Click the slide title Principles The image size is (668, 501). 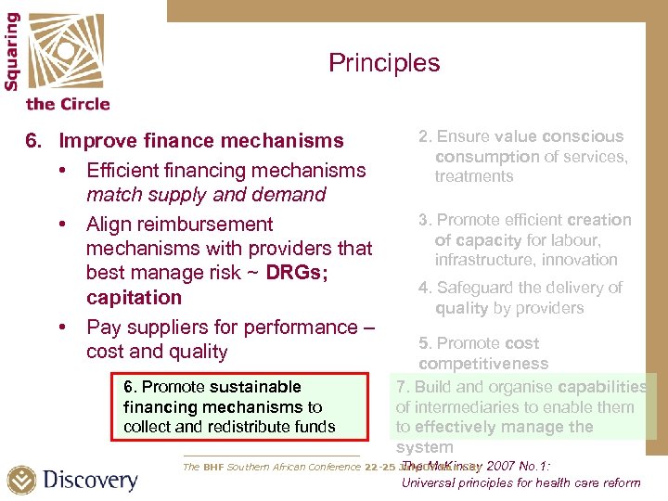click(384, 63)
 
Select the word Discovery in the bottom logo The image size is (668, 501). click(90, 481)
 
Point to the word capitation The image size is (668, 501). click(134, 298)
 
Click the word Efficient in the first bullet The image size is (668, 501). click(121, 171)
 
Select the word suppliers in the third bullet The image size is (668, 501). click(162, 328)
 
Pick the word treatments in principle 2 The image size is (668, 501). click(473, 176)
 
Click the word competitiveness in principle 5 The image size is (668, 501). click(482, 364)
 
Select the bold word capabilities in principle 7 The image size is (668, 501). click(601, 387)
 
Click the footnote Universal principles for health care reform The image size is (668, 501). click(520, 482)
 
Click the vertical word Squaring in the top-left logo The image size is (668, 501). click(12, 51)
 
